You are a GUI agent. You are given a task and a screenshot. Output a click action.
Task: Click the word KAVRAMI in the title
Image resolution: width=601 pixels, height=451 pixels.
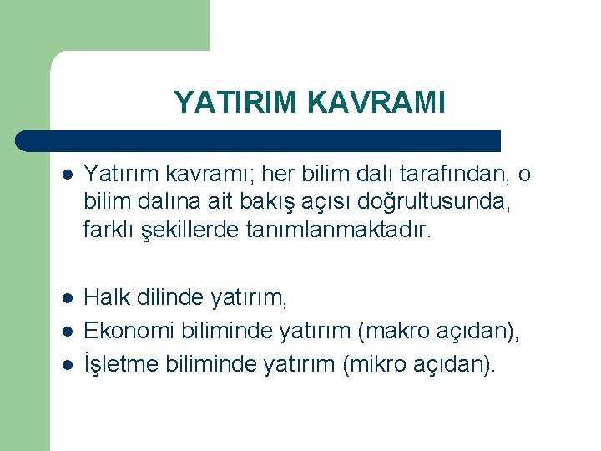click(376, 102)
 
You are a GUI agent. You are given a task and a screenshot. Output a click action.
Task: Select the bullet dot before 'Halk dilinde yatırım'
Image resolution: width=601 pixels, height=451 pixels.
click(68, 297)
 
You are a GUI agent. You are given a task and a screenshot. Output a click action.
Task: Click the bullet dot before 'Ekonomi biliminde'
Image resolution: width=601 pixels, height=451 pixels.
click(68, 332)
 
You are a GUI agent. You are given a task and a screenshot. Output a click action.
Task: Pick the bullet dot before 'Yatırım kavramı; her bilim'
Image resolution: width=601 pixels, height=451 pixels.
click(68, 175)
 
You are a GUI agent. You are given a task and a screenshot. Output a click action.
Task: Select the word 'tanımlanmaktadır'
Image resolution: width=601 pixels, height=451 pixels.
click(337, 228)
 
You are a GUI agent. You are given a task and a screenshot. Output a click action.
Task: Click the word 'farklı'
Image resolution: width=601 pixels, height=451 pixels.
click(105, 228)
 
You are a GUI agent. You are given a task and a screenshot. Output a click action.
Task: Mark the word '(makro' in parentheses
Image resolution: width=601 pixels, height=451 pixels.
click(391, 332)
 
